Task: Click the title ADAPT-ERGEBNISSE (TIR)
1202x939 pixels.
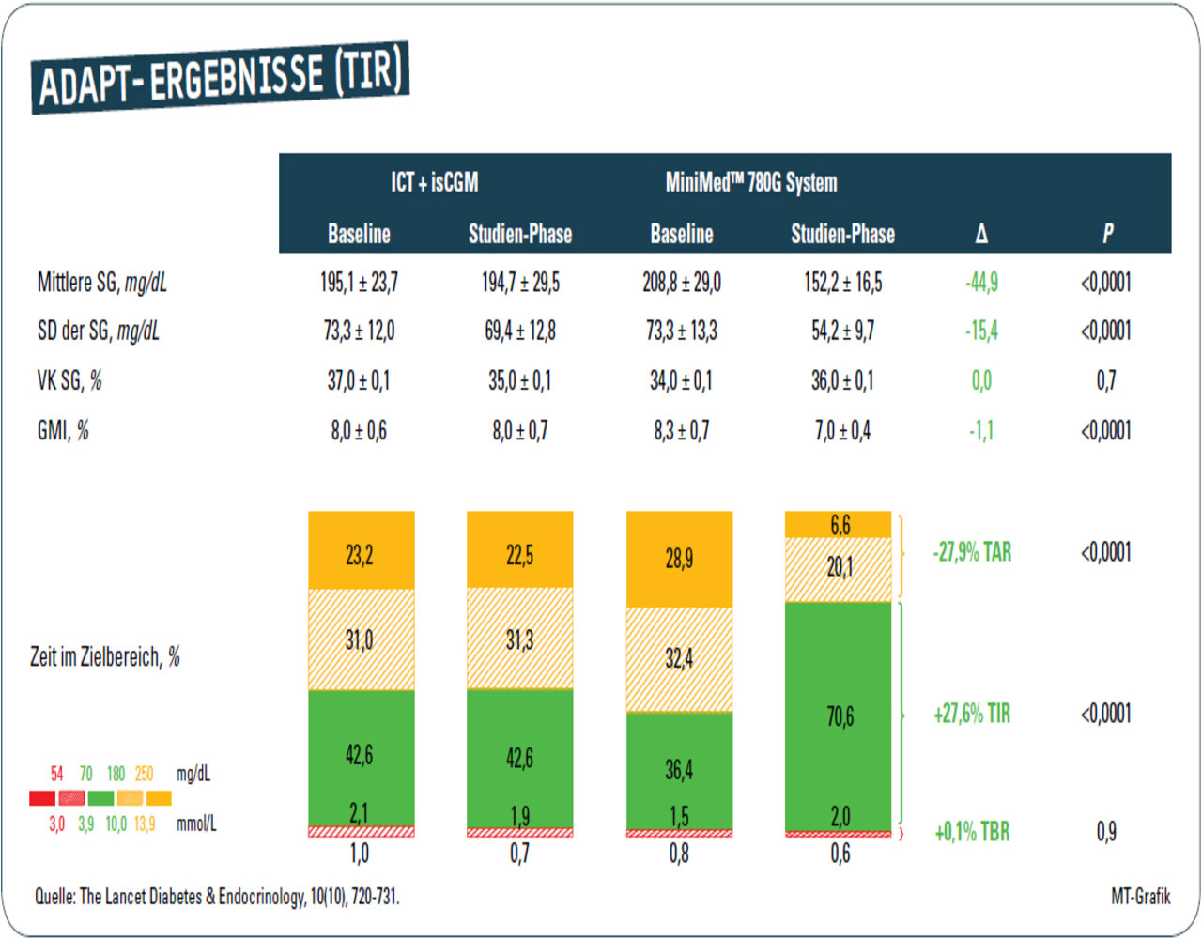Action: pyautogui.click(x=221, y=77)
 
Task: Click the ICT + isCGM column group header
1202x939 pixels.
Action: pyautogui.click(x=434, y=182)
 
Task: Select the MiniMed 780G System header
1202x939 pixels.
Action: pyautogui.click(x=751, y=182)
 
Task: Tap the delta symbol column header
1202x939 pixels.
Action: pyautogui.click(x=981, y=234)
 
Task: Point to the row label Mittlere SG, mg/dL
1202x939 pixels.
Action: pyautogui.click(x=101, y=283)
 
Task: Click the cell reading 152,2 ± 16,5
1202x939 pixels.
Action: pyautogui.click(x=842, y=283)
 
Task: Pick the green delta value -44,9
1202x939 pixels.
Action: pyautogui.click(x=981, y=283)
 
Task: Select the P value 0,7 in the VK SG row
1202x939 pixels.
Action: pyautogui.click(x=1106, y=380)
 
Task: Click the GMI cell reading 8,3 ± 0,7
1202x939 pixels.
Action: pyautogui.click(x=682, y=431)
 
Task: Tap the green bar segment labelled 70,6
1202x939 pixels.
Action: pyautogui.click(x=840, y=716)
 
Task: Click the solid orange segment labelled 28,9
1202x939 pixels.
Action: pyautogui.click(x=679, y=559)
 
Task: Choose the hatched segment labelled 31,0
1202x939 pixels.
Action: pyautogui.click(x=360, y=640)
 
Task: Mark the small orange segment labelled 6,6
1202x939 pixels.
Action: pyautogui.click(x=839, y=524)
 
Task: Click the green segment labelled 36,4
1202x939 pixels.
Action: pyautogui.click(x=679, y=770)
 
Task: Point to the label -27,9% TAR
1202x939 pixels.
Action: pyautogui.click(x=972, y=552)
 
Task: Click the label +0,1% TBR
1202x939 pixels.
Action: pyautogui.click(x=972, y=832)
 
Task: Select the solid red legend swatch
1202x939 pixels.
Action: pyautogui.click(x=42, y=798)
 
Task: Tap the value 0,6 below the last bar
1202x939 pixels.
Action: pyautogui.click(x=840, y=854)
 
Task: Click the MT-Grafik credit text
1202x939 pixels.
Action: pyautogui.click(x=1140, y=897)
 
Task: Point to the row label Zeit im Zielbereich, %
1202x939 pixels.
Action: pyautogui.click(x=105, y=657)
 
